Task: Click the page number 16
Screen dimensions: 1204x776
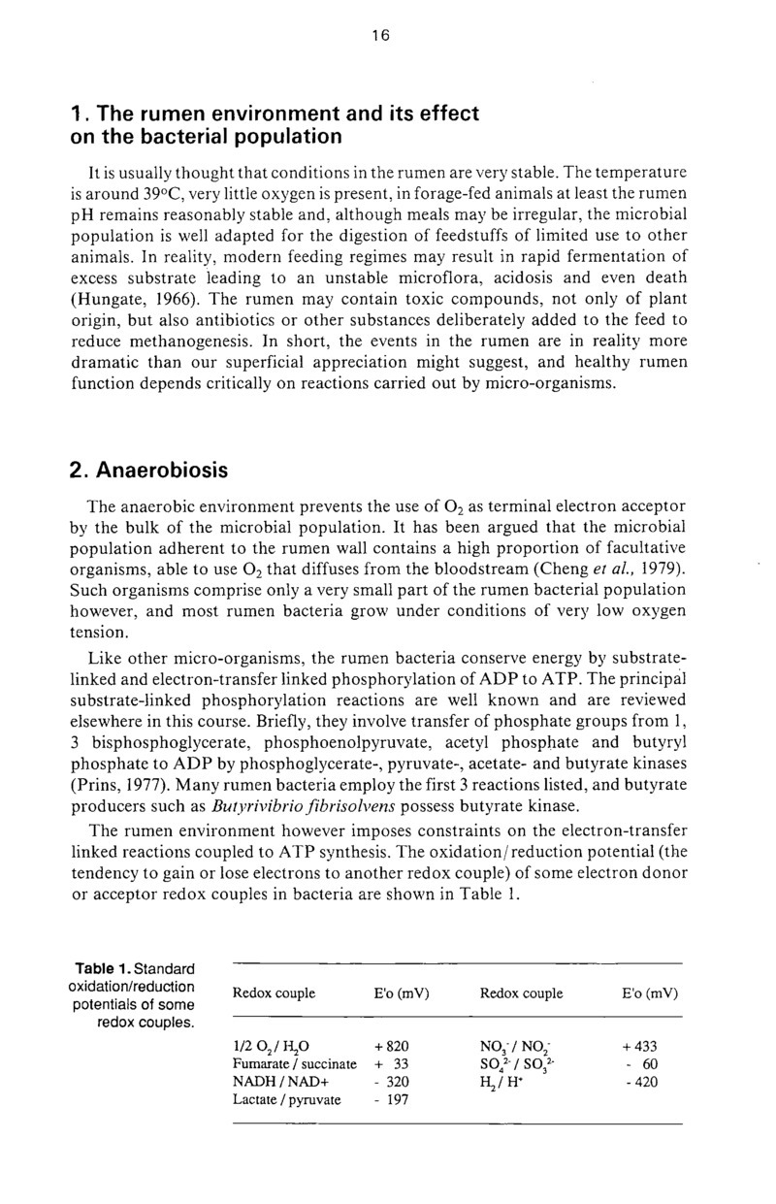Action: pos(379,35)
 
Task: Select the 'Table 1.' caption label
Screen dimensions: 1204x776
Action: pos(100,969)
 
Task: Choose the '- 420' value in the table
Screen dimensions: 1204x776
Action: pos(641,1083)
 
